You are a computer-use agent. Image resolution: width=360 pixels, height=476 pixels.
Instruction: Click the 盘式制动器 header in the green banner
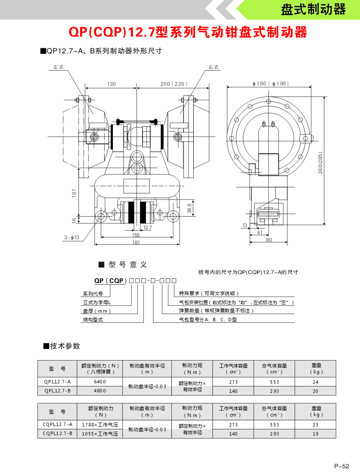coord(313,10)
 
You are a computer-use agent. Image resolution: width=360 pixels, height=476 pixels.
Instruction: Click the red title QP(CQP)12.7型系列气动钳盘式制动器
coord(188,33)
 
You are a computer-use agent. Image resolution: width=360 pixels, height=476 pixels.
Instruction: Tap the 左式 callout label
coord(58,67)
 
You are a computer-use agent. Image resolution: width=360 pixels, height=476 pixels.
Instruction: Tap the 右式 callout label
coord(214,67)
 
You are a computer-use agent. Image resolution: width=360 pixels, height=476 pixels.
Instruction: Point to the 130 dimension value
coord(112,84)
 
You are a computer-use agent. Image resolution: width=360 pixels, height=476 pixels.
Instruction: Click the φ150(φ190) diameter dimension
coord(270,84)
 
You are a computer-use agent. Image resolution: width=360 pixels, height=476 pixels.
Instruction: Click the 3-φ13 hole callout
coord(71,237)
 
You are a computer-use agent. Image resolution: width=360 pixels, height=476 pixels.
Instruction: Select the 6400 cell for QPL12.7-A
coord(99,382)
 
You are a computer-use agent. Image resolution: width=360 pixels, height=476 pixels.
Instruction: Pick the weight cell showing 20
coord(315,391)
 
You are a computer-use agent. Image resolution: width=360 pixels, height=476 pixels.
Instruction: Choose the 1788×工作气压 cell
coord(99,425)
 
